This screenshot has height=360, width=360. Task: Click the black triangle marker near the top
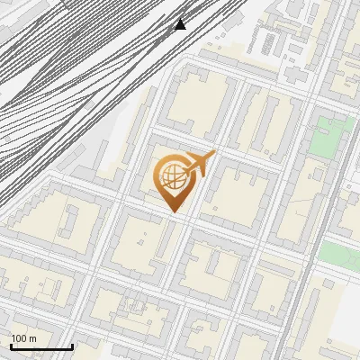pos(180,23)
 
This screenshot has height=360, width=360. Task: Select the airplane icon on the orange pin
pos(199,164)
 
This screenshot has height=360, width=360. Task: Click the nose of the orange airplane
pos(213,154)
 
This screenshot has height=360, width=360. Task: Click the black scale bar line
pos(41,346)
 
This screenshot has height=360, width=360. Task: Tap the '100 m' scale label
pos(23,338)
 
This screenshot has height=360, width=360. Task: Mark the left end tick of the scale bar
pos(10,345)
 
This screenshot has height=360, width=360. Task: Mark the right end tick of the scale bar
pos(72,345)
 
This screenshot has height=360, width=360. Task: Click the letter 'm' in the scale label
pos(32,338)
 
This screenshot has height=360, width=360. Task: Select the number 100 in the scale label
pos(19,338)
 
